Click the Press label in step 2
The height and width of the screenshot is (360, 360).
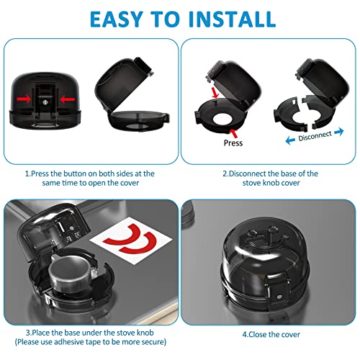click(x=233, y=143)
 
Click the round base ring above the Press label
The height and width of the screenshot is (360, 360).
click(x=227, y=115)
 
